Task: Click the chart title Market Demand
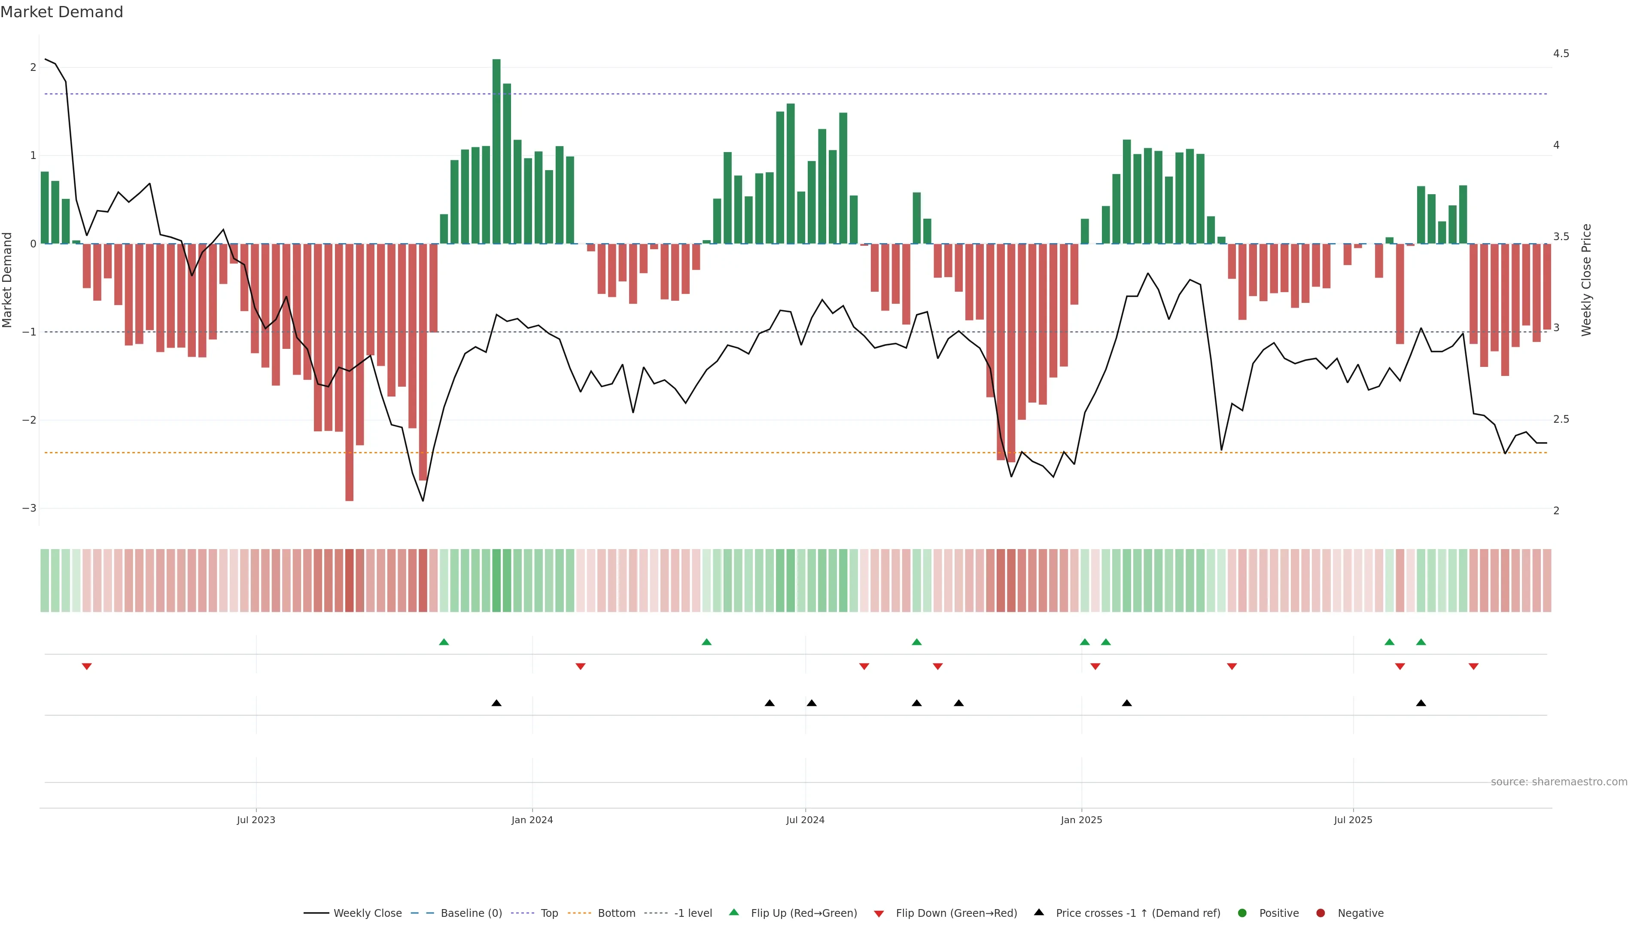(61, 12)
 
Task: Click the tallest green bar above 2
(496, 151)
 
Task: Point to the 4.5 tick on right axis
(1561, 54)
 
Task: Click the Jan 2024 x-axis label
(532, 820)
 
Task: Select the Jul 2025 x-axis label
(1353, 820)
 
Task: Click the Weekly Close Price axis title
(1585, 280)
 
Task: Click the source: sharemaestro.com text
(1559, 782)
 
